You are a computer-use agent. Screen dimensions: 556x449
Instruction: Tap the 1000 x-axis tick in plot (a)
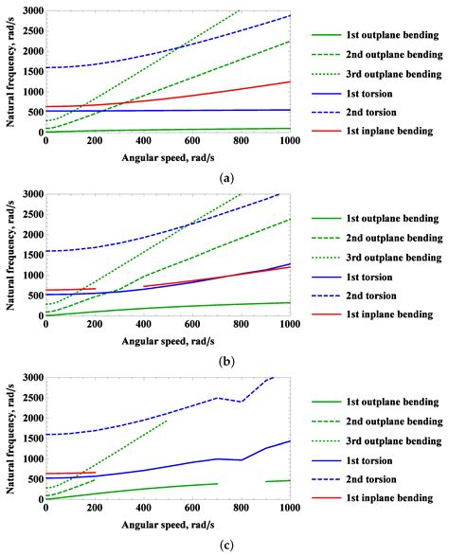click(290, 142)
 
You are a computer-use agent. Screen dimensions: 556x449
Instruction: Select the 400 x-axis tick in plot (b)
click(143, 326)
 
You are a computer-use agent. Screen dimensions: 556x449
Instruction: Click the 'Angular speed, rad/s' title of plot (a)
click(167, 156)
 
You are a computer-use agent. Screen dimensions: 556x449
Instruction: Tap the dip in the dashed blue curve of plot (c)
click(241, 402)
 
